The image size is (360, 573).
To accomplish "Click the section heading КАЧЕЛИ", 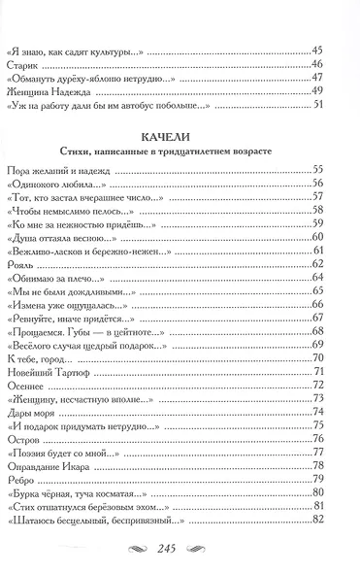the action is click(180, 136).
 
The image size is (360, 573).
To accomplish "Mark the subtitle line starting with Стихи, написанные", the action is click(180, 152).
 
